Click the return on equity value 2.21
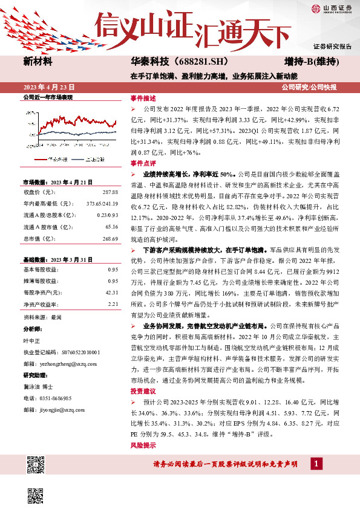tap(113, 304)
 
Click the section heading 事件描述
tap(143, 98)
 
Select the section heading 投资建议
tap(143, 392)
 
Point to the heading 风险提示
tap(143, 445)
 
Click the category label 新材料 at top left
tap(38, 62)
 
